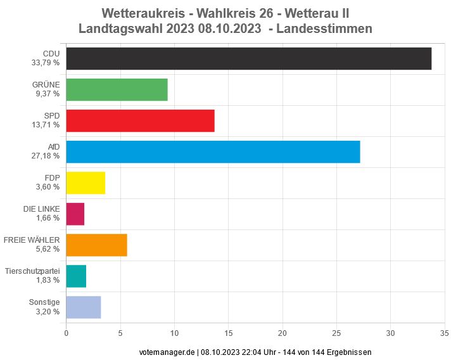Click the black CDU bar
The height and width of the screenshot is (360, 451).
pyautogui.click(x=248, y=58)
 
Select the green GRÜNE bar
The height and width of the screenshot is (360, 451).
pyautogui.click(x=117, y=89)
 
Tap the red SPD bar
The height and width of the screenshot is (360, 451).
pyautogui.click(x=140, y=120)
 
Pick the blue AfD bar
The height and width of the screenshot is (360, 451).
pyautogui.click(x=213, y=151)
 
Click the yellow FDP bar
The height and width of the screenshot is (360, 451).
pyautogui.click(x=86, y=183)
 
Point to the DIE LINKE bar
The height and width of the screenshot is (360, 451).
pyautogui.click(x=75, y=214)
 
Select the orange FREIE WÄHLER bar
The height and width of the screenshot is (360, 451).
pyautogui.click(x=96, y=245)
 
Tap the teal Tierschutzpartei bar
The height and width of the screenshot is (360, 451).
pyautogui.click(x=76, y=276)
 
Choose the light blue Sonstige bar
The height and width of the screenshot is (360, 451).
pyautogui.click(x=83, y=307)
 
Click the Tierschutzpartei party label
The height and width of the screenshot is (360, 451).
pyautogui.click(x=32, y=271)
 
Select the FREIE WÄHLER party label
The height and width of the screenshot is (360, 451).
pyautogui.click(x=32, y=240)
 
